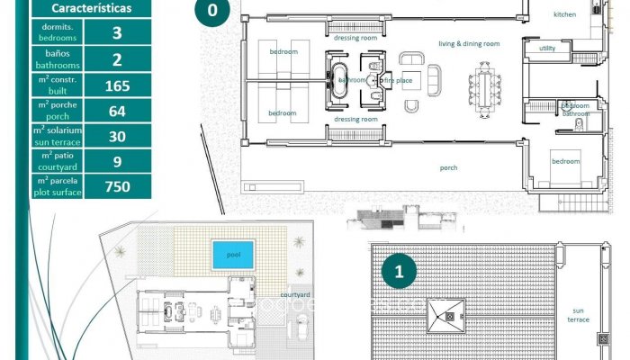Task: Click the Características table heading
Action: click(x=90, y=9)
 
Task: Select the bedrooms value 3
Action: click(x=117, y=34)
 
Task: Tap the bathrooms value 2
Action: click(x=117, y=59)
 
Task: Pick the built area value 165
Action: click(x=117, y=85)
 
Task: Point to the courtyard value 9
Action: click(x=117, y=161)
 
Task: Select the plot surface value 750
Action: click(x=117, y=186)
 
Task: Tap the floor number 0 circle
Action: click(x=211, y=12)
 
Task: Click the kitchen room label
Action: click(x=564, y=14)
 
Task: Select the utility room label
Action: click(x=547, y=48)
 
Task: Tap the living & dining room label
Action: click(x=468, y=43)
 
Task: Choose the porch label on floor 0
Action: click(x=448, y=167)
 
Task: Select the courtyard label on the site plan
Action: click(x=295, y=294)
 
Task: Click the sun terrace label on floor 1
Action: click(x=578, y=314)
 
